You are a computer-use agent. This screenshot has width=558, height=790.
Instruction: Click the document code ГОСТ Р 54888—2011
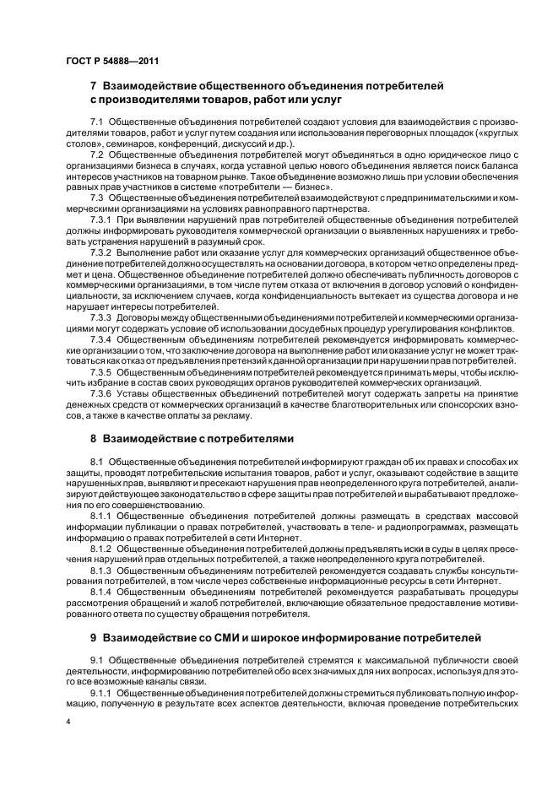click(x=111, y=60)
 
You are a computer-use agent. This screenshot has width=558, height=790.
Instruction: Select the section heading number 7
click(x=94, y=86)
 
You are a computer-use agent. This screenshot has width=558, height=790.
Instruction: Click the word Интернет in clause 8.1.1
click(x=275, y=537)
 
